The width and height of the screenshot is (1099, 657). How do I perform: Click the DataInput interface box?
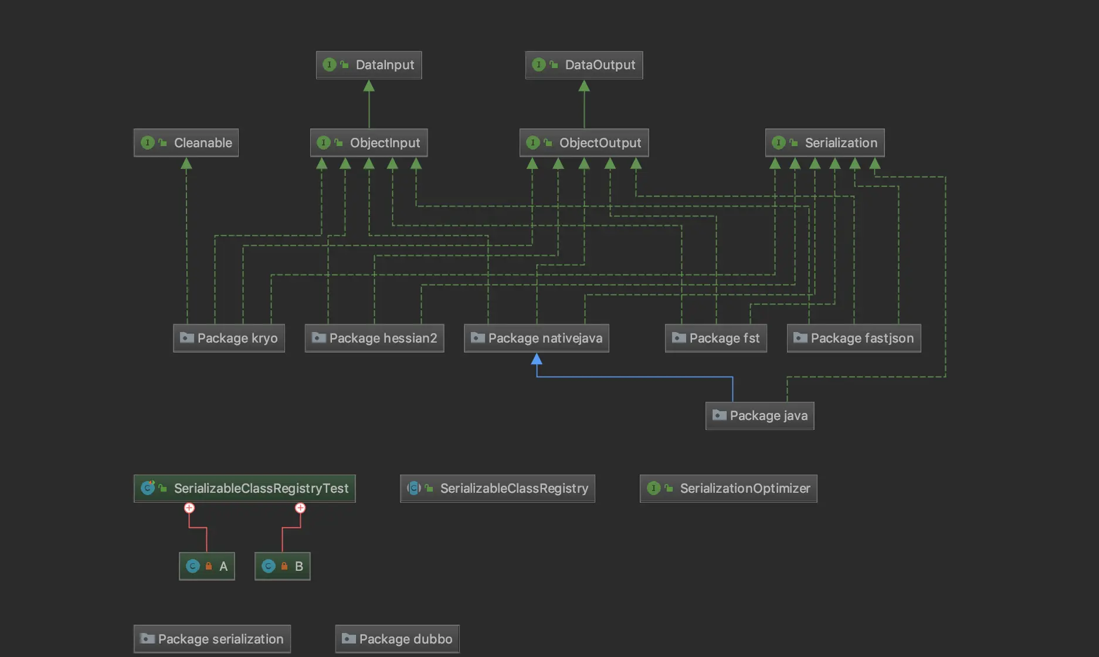pyautogui.click(x=369, y=65)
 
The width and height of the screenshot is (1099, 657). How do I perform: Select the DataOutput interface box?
pyautogui.click(x=584, y=65)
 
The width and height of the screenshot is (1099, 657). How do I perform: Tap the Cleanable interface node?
pyautogui.click(x=186, y=143)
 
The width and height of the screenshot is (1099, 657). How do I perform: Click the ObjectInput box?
pyautogui.click(x=369, y=143)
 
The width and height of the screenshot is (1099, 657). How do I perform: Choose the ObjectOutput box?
pyautogui.click(x=584, y=143)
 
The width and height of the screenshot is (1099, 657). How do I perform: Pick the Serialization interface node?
pyautogui.click(x=825, y=143)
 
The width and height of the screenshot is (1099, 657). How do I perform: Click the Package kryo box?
pyautogui.click(x=229, y=338)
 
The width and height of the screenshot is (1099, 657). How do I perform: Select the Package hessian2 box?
pyautogui.click(x=374, y=338)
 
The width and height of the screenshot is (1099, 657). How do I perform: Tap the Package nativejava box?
pyautogui.click(x=536, y=338)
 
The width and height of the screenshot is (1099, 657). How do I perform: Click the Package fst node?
pyautogui.click(x=715, y=338)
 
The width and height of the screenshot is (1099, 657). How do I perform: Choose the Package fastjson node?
pyautogui.click(x=853, y=338)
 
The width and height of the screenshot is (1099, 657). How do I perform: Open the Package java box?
pyautogui.click(x=759, y=415)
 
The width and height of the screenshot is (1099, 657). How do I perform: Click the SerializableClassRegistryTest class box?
pyautogui.click(x=245, y=488)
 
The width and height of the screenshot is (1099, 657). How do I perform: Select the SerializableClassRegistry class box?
pyautogui.click(x=497, y=488)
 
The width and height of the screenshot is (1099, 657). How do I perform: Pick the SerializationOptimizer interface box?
pyautogui.click(x=728, y=488)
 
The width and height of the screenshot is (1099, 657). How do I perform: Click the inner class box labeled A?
pyautogui.click(x=206, y=566)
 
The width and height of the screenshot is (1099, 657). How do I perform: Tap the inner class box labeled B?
pyautogui.click(x=282, y=566)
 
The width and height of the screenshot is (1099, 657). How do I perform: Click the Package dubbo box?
pyautogui.click(x=397, y=639)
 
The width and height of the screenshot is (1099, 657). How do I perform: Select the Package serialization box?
pyautogui.click(x=212, y=639)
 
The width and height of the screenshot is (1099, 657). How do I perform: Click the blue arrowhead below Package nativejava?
pyautogui.click(x=537, y=358)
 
